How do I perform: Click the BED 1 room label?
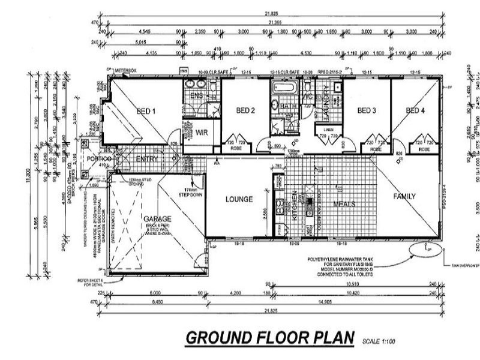146,112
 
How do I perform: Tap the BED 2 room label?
246,110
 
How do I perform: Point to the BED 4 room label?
415,110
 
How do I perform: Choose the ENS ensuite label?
196,96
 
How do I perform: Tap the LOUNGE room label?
238,199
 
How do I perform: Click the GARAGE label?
158,219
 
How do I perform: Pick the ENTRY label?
147,159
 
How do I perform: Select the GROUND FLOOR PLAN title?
269,338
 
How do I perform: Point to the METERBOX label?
126,71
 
